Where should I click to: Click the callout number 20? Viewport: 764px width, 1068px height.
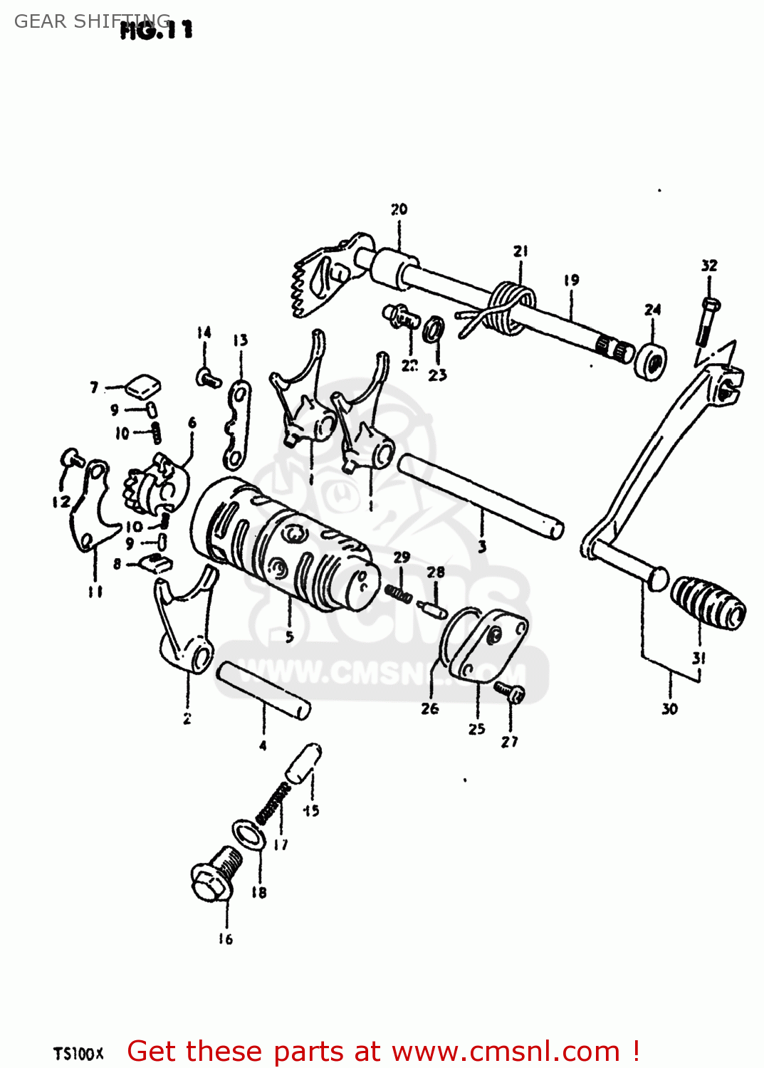pos(399,209)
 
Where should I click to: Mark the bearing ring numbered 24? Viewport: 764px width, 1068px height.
pos(651,361)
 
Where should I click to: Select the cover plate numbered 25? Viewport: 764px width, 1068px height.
pos(487,644)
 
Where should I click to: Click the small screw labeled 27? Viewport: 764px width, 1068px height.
pos(511,691)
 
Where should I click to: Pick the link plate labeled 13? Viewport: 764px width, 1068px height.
pos(237,425)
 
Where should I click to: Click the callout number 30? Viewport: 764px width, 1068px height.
pos(669,708)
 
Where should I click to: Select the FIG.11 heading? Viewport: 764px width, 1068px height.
pos(157,30)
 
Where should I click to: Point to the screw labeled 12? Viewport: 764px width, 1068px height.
pos(71,459)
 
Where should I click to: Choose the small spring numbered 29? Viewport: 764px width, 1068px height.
pos(398,592)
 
